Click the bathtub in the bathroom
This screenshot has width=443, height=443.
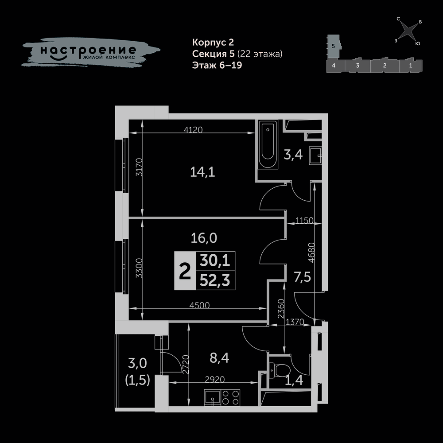click(268, 144)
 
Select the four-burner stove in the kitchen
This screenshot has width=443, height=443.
click(230, 397)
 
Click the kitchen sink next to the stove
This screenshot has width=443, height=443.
click(213, 397)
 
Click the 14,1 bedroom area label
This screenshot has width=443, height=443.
click(202, 172)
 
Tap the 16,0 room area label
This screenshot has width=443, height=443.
click(204, 238)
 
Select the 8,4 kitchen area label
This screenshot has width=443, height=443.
click(219, 358)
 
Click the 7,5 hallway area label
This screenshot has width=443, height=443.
click(302, 277)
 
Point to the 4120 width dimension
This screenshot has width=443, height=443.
click(193, 130)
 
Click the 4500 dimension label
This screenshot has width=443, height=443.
click(199, 305)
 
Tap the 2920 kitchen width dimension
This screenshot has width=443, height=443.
click(215, 380)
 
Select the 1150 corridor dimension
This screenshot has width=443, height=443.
click(304, 220)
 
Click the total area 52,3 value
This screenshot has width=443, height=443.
click(215, 280)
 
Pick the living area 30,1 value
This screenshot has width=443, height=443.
click(215, 260)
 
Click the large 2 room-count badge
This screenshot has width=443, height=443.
click(185, 271)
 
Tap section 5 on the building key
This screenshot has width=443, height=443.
click(334, 46)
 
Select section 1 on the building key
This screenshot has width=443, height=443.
click(411, 66)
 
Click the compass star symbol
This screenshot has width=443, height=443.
click(408, 31)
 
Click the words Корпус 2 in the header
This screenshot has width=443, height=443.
click(213, 42)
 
